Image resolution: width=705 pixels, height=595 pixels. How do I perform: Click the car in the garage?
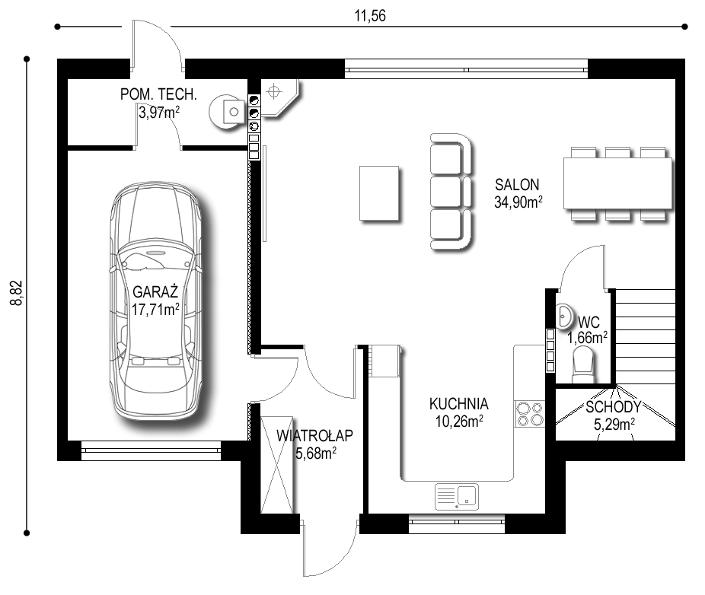155,301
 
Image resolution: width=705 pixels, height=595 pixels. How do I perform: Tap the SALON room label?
517,185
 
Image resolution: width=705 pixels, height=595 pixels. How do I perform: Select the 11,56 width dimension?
370,16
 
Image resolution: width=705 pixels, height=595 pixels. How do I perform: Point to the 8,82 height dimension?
17,293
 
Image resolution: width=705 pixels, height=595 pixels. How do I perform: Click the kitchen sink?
457,497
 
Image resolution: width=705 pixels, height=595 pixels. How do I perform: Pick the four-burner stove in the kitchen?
530,414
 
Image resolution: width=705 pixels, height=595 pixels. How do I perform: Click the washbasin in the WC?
564,317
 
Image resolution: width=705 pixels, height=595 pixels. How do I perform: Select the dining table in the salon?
617,183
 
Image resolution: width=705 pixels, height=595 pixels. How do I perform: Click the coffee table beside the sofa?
379,193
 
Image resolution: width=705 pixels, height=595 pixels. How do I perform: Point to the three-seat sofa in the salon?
451,192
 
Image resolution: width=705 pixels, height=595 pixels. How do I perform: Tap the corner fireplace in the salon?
279,98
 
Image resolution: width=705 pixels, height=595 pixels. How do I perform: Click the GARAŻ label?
155,292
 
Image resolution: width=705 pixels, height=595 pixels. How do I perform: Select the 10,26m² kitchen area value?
459,421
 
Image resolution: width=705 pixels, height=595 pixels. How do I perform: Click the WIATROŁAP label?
314,435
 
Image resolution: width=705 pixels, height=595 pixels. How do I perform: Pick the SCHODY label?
614,407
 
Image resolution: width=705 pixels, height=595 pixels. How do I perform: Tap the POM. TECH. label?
158,94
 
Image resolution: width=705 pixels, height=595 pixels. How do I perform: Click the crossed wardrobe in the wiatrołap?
277,465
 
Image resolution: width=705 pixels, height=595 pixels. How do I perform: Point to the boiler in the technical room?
226,112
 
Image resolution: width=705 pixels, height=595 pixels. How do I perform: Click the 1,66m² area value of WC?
587,337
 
